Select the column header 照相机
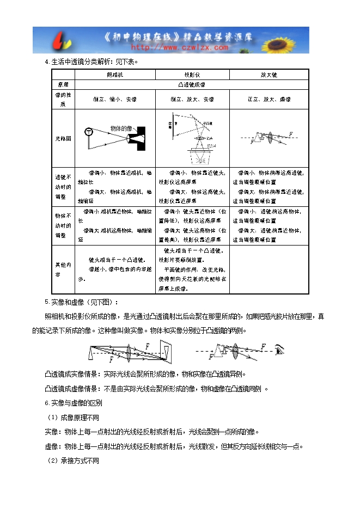[x=115, y=75]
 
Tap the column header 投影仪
[x=192, y=75]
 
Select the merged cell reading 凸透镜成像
[x=192, y=85]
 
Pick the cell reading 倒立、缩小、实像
[x=115, y=100]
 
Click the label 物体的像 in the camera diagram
[x=120, y=128]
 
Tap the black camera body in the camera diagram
[x=139, y=137]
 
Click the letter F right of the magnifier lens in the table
[x=291, y=133]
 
